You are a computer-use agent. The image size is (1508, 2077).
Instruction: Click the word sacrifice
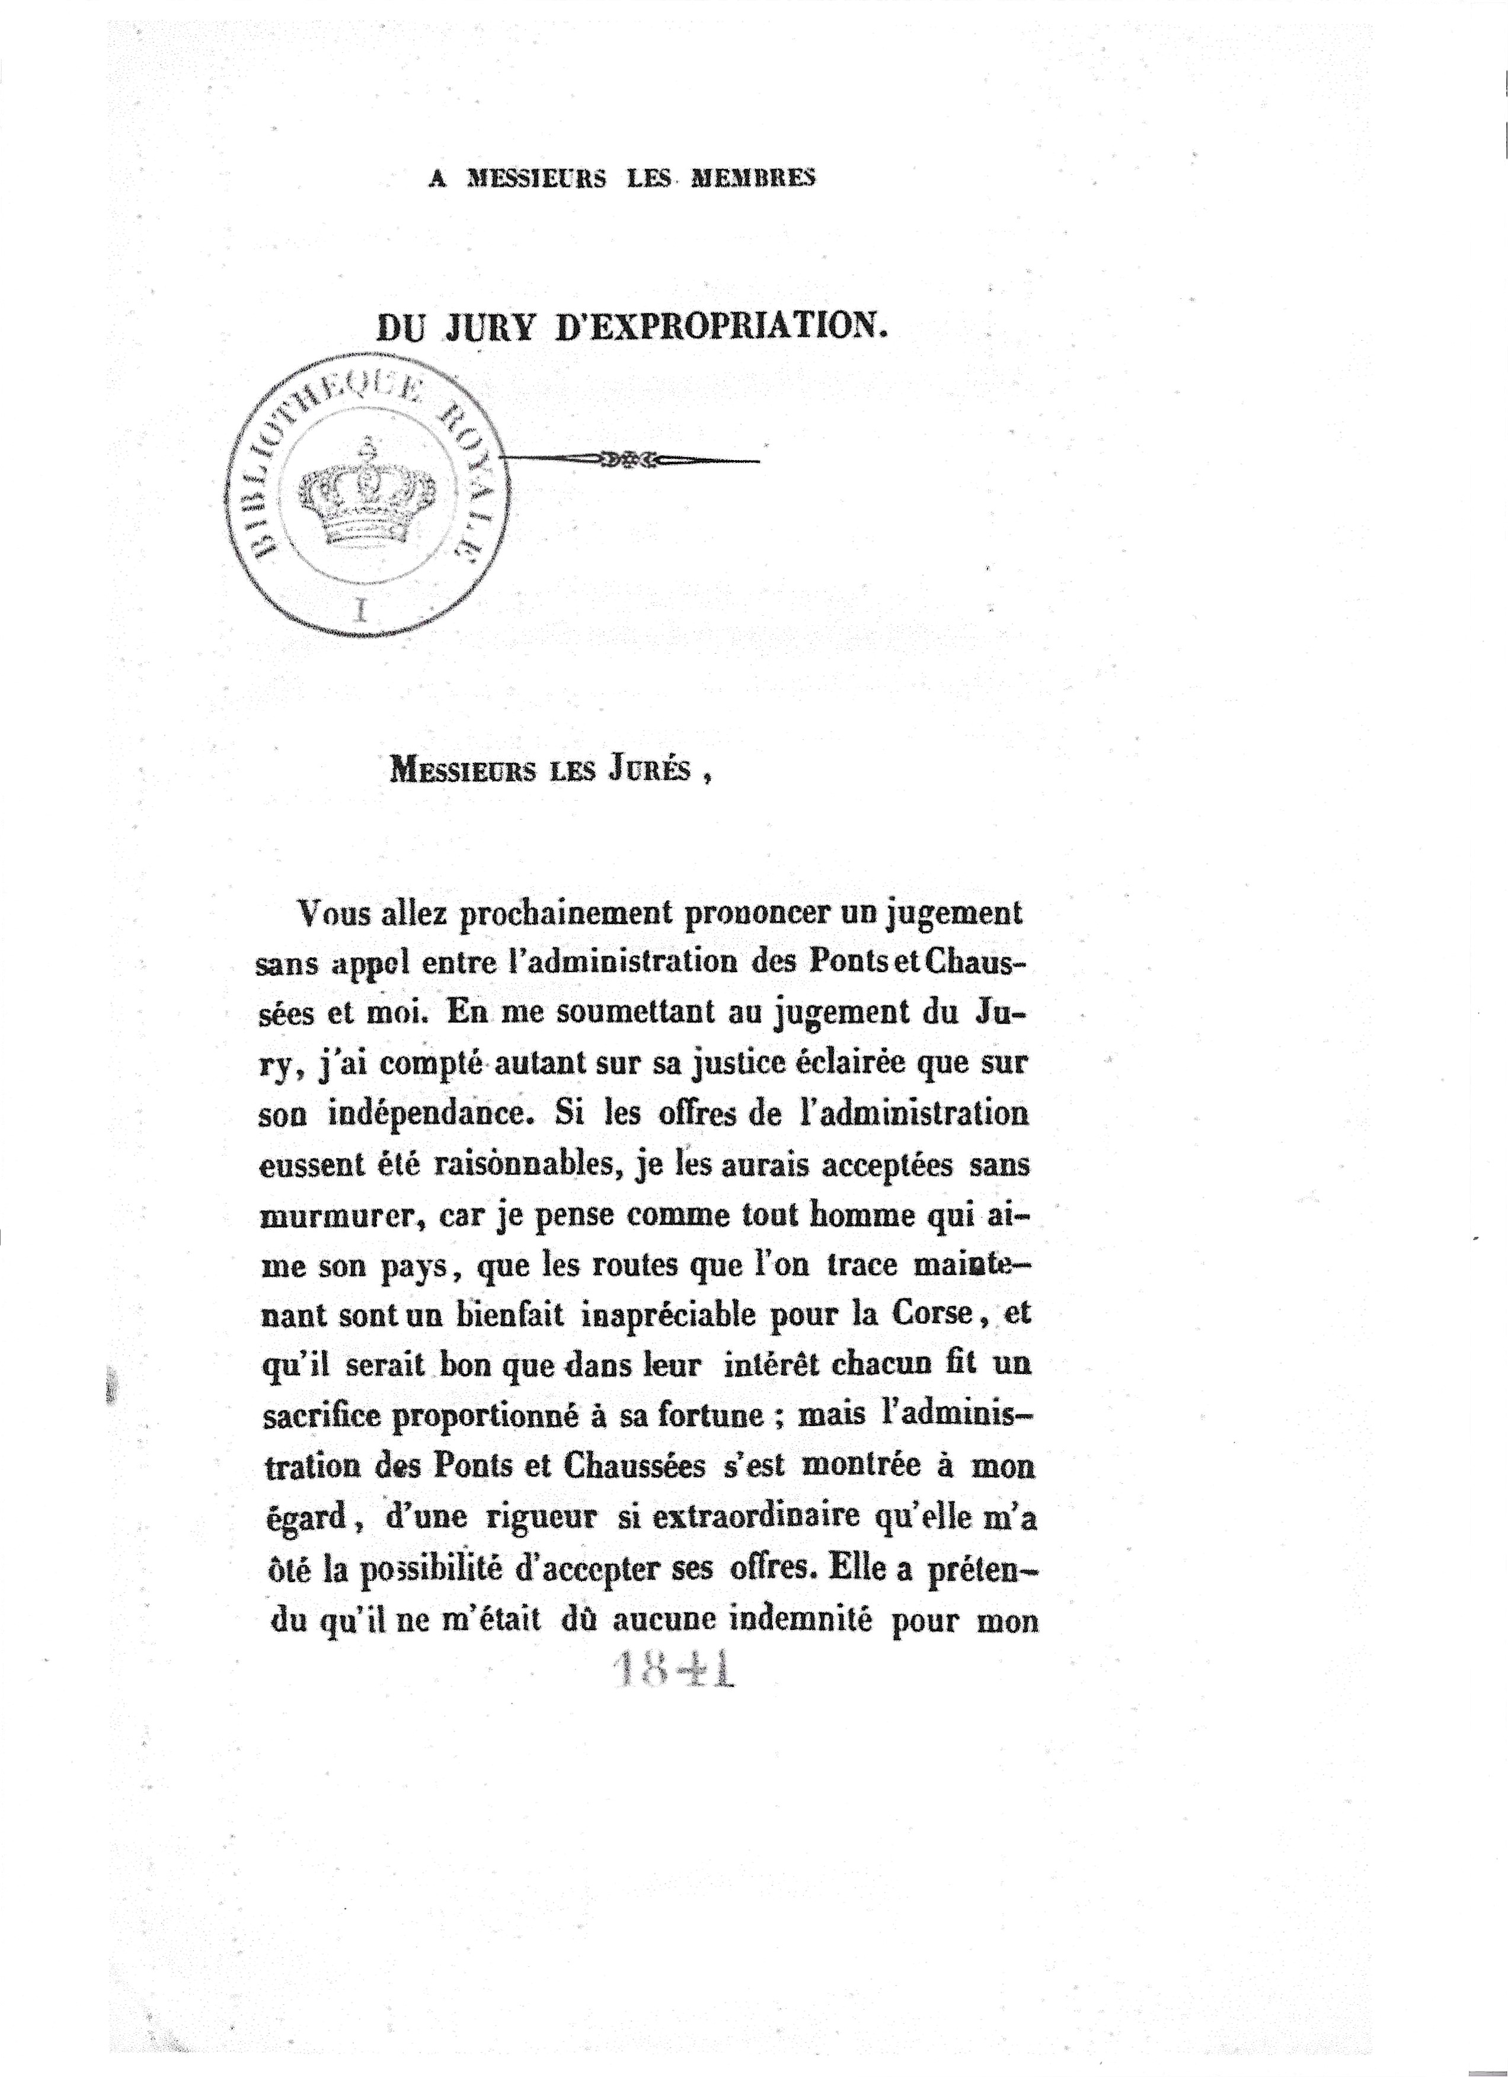pos(321,1414)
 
